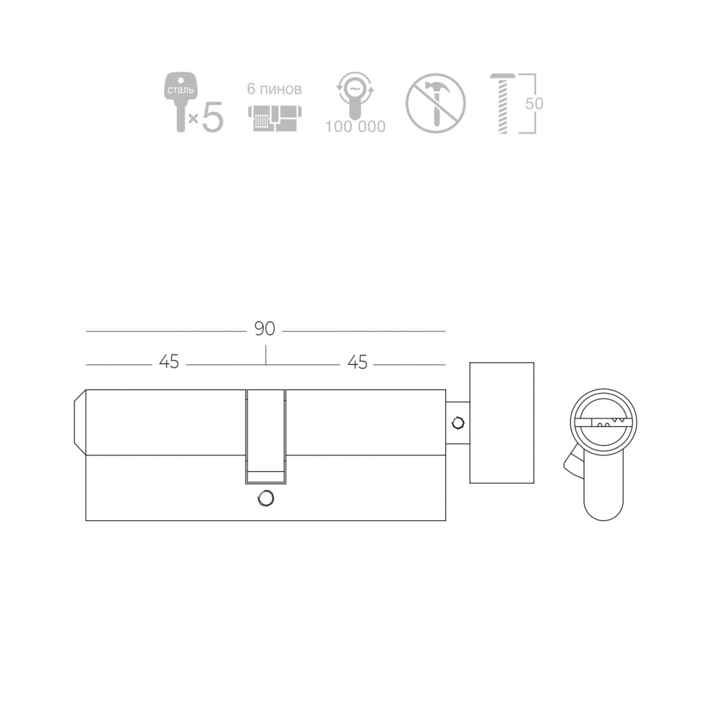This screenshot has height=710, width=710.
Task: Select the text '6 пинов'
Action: coord(274,89)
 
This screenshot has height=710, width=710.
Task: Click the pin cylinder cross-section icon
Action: coord(275,118)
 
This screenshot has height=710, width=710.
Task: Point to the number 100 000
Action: coord(355,127)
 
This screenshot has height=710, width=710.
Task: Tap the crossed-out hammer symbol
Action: coord(435,104)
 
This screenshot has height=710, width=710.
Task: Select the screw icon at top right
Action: coord(502,104)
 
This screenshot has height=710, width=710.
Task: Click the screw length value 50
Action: coord(534,104)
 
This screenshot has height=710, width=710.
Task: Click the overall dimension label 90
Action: coord(264,329)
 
